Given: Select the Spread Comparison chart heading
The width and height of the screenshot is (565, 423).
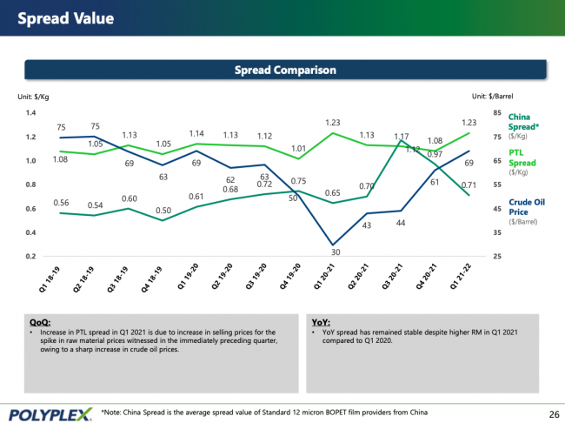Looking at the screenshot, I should click(285, 70).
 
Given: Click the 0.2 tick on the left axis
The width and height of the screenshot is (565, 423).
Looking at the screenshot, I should click(30, 256).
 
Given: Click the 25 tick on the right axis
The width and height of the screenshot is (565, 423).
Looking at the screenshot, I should click(496, 256).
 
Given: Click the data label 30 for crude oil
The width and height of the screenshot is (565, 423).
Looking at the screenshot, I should click(335, 252).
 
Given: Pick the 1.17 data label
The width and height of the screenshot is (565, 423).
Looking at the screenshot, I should click(402, 137).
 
